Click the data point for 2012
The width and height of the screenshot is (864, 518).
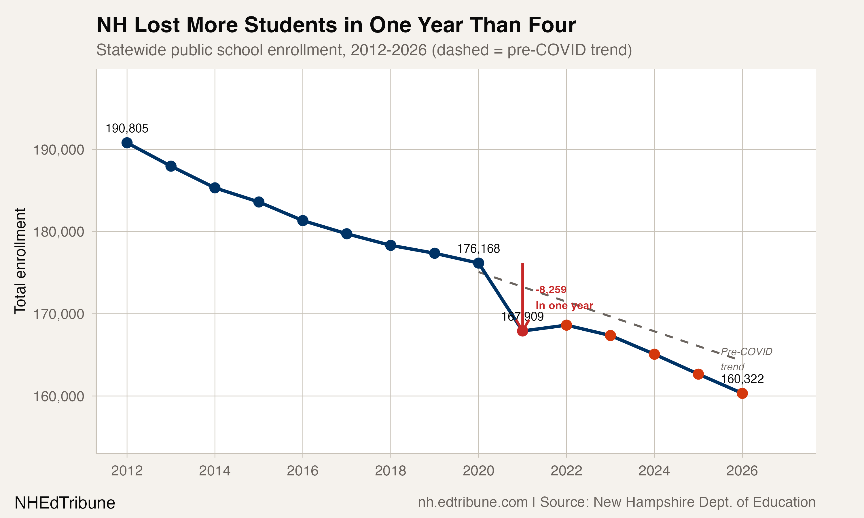click(x=127, y=143)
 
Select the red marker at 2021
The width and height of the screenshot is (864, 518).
click(x=522, y=331)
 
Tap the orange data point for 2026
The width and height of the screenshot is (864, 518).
click(x=742, y=393)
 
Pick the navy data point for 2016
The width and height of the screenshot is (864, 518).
click(x=303, y=221)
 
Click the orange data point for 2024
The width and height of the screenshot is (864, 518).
click(x=654, y=354)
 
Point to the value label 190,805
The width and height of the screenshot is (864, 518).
click(x=127, y=128)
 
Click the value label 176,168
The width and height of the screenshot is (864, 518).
click(x=478, y=249)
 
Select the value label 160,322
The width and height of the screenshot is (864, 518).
click(x=742, y=379)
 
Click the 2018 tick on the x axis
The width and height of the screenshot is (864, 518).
click(x=391, y=471)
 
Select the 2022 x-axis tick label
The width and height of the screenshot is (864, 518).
click(x=566, y=471)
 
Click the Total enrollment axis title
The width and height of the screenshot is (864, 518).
click(x=20, y=261)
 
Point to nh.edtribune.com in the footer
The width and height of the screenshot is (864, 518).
click(x=473, y=502)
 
